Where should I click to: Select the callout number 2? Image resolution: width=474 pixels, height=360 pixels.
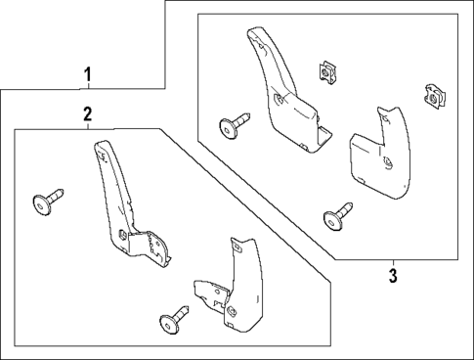click(x=87, y=114)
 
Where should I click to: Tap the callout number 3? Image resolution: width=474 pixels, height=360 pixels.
click(x=393, y=274)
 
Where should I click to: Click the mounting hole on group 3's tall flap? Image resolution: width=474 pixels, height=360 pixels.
click(x=281, y=99)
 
